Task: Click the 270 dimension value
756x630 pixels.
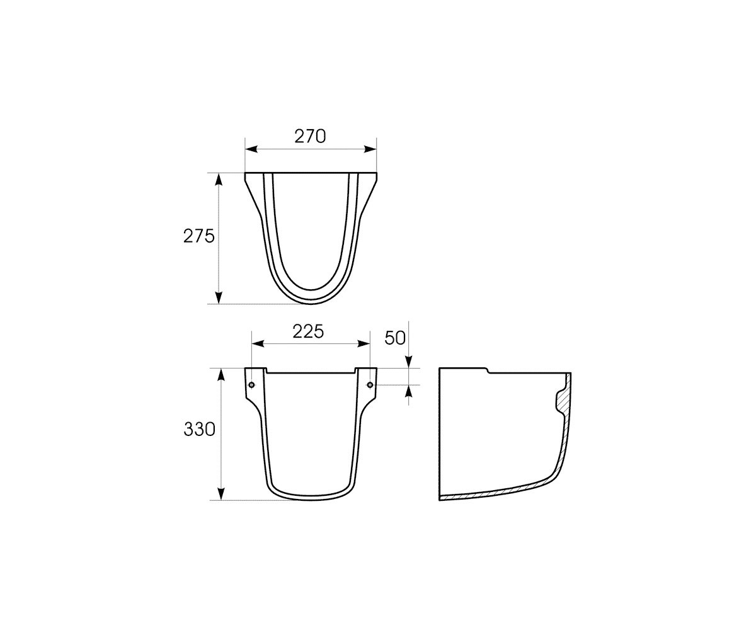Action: click(x=311, y=137)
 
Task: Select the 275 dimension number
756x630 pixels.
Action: click(x=199, y=236)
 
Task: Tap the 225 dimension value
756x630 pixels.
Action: click(x=308, y=331)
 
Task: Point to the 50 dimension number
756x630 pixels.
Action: click(x=395, y=338)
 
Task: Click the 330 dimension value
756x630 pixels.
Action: click(x=200, y=430)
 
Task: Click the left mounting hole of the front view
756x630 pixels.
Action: click(x=252, y=384)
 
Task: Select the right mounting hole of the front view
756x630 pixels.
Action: click(x=370, y=384)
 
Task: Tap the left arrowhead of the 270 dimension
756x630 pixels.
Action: click(x=251, y=149)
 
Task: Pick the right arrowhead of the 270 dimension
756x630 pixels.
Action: click(x=370, y=149)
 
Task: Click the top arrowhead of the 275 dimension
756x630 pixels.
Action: click(x=219, y=180)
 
